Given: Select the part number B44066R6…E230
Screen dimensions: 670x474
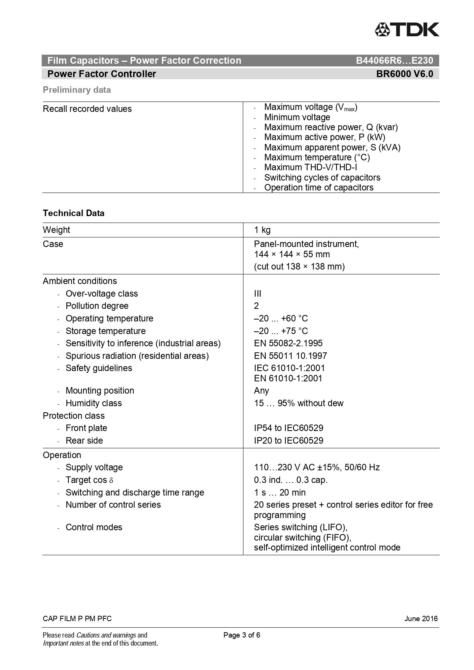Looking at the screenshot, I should pos(395,61).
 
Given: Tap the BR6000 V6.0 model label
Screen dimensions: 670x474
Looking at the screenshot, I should pos(404,74).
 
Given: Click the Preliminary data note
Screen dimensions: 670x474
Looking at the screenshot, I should pos(77,90).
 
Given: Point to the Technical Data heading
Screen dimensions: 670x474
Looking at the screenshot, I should pos(73,213).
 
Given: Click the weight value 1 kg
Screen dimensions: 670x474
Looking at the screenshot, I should pos(262,230).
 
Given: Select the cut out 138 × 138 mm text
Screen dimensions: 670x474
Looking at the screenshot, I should pos(299,266).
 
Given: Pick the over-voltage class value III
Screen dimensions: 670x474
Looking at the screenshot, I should pos(258,294).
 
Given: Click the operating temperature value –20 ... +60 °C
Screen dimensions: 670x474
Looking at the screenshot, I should pos(281,318).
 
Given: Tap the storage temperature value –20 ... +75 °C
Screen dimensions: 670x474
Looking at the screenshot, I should pos(281,331).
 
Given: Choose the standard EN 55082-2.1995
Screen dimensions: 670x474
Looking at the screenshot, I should pos(288,343).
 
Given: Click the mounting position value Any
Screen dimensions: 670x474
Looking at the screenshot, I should pos(261,391).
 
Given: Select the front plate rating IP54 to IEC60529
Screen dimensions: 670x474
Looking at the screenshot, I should pos(288,428).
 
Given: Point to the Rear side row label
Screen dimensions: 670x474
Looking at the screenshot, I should pos(84,441).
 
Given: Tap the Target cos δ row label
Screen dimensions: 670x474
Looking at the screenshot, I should pos(89,480).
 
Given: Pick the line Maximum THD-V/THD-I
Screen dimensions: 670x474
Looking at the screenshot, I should pos(311,167).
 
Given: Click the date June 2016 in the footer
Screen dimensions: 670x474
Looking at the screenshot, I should pos(421,619).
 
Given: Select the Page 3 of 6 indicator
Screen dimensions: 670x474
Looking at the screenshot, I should pos(241,635).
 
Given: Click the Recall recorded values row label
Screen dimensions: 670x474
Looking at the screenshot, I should pos(87,109).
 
